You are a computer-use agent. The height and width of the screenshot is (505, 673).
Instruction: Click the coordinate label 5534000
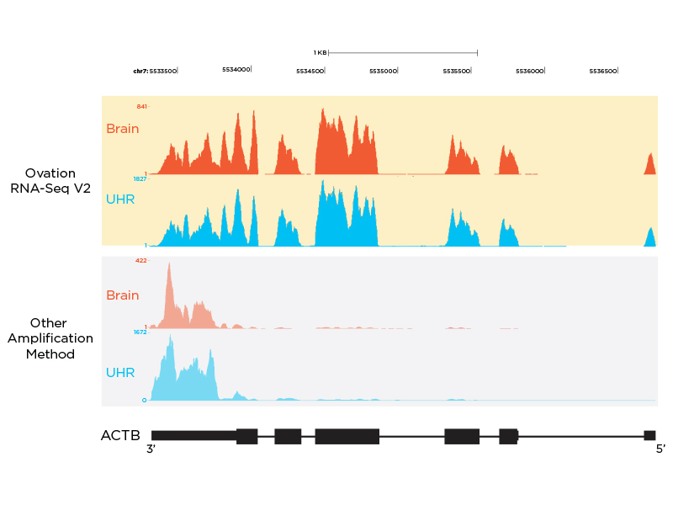[x=236, y=71]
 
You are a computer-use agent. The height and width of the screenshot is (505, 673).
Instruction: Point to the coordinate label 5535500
[x=457, y=72]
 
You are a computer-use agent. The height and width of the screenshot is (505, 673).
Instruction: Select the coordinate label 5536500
[x=603, y=72]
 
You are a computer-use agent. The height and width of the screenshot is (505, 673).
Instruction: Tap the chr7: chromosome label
[x=140, y=72]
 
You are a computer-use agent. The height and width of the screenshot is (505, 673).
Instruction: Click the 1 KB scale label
[x=320, y=52]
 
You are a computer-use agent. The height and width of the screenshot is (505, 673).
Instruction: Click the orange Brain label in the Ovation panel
[x=123, y=129]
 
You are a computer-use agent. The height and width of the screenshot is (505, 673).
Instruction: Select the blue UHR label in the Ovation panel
[x=120, y=199]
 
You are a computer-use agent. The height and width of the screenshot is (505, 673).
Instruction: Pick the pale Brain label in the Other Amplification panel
[x=123, y=295]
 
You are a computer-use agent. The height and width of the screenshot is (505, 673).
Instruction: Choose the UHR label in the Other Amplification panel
[x=120, y=372]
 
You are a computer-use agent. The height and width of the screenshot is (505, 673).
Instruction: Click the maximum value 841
[x=141, y=107]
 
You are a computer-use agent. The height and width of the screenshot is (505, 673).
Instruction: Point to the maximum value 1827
[x=140, y=178]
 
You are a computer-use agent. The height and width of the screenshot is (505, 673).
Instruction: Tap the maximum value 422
[x=141, y=261]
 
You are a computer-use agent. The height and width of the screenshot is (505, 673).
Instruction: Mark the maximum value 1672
[x=140, y=332]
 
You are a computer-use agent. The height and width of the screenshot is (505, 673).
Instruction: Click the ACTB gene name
[x=120, y=435]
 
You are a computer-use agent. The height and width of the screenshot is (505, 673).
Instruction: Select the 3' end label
[x=152, y=449]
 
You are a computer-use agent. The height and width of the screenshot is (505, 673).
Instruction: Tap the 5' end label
[x=660, y=449]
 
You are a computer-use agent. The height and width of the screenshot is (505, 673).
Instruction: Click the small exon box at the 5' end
[x=649, y=435]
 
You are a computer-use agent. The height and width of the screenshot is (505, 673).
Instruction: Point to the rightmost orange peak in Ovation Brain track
[x=649, y=162]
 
